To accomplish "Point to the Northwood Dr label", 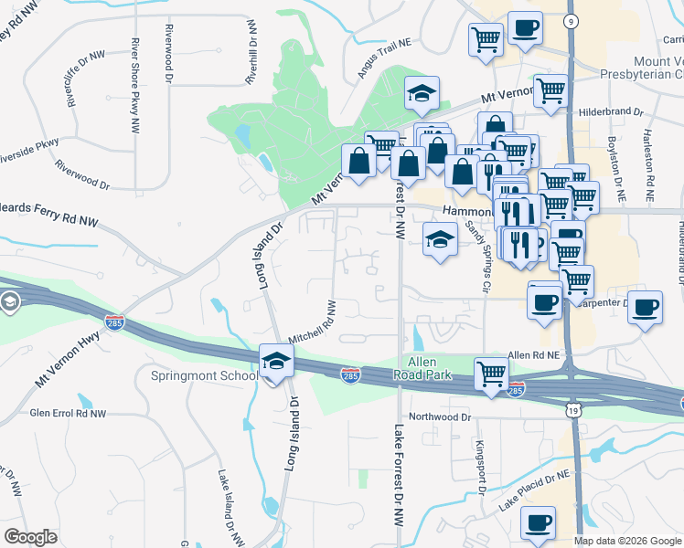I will (440, 416).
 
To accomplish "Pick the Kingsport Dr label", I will (478, 464).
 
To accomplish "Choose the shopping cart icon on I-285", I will (491, 374).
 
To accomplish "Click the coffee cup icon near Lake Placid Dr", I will (538, 523).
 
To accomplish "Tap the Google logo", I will (31, 537).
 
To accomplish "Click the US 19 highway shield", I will (572, 412).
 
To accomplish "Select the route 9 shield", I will (572, 20).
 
